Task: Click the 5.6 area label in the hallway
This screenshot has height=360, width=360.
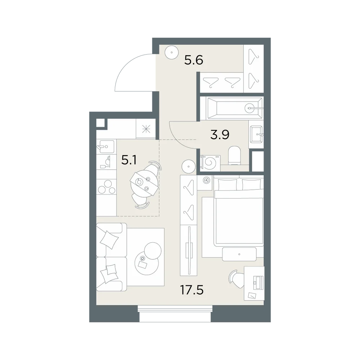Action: click(194, 60)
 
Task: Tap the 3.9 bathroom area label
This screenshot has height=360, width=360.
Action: click(220, 135)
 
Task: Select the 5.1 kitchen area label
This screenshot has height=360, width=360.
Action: click(129, 160)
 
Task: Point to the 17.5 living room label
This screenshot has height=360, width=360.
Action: click(192, 290)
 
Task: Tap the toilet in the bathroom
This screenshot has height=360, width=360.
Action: click(234, 156)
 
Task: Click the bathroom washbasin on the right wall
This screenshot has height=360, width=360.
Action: click(256, 134)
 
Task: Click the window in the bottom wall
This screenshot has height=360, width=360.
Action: click(175, 314)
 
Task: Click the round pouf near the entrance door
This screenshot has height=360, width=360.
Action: click(172, 53)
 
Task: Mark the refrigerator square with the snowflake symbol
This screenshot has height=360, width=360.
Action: click(146, 129)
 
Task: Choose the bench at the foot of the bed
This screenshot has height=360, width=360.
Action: click(239, 254)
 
